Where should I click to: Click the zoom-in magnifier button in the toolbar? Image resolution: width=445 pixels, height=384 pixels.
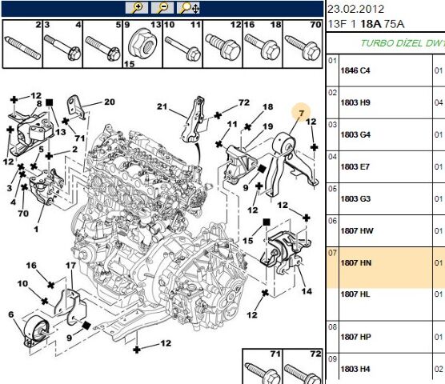[x=137, y=8]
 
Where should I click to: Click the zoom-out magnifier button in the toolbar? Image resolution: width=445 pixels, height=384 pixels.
[x=162, y=8]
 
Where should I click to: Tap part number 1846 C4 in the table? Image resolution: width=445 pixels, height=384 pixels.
[x=355, y=70]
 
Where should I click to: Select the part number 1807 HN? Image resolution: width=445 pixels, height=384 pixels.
[x=356, y=263]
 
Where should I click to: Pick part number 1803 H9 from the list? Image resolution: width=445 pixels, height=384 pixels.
[x=355, y=102]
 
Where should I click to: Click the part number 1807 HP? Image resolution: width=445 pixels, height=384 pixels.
[x=356, y=337]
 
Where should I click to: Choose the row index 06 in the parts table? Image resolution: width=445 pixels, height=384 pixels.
[x=332, y=221]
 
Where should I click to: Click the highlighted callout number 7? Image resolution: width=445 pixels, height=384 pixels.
[x=301, y=114]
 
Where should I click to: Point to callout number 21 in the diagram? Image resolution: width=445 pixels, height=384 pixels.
[x=162, y=106]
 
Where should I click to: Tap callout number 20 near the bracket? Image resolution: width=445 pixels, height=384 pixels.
[x=110, y=102]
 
